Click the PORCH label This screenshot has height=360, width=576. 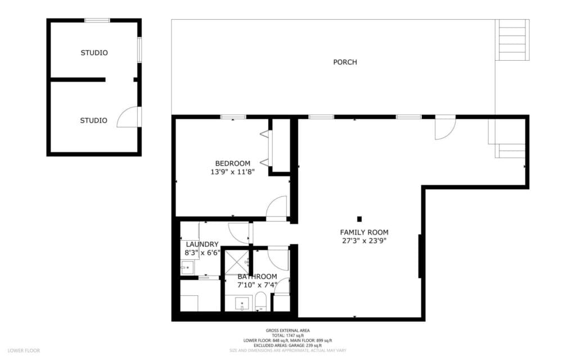pos(345,62)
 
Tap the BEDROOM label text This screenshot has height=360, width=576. pos(232,164)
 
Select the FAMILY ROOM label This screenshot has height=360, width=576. pos(364,232)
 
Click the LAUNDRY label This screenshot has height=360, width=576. pos(202,245)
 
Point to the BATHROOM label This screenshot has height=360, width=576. pos(257,277)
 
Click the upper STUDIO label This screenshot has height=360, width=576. pos(94,53)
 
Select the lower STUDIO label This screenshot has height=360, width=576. pos(93,120)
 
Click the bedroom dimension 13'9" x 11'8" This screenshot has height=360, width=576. pos(232,172)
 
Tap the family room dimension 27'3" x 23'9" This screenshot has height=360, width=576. pos(364,241)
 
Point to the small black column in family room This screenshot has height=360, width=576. pos(359,219)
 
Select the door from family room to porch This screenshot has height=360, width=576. pos(445,128)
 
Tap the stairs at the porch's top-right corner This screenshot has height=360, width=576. pos(512,40)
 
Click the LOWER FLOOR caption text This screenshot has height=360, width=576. pos(24,350)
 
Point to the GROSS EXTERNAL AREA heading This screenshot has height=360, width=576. pos(287,330)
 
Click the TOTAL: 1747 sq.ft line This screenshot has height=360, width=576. pos(287,335)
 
